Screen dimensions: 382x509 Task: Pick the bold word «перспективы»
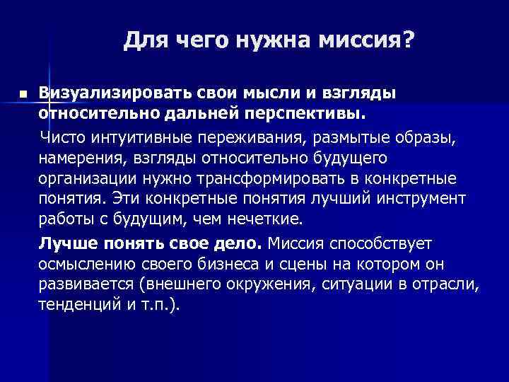pos(294,112)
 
